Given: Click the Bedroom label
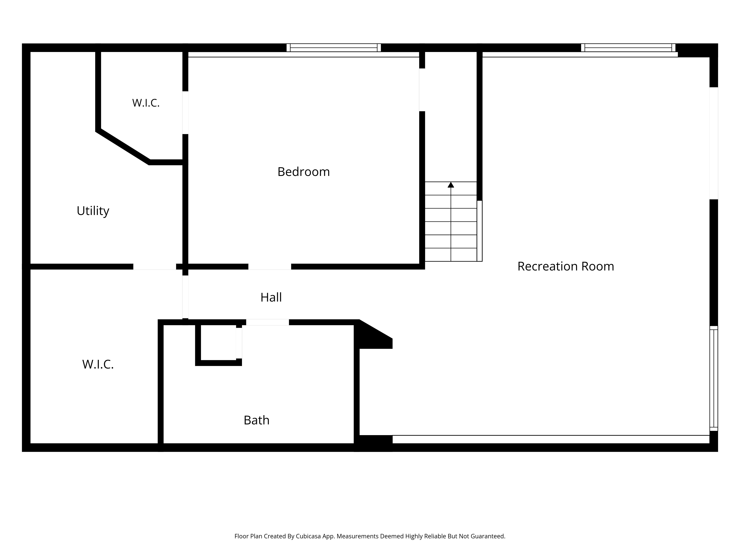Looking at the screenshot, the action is coord(303,172).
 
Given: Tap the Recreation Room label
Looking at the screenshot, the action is coord(566,266).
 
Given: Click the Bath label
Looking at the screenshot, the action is coord(257,420).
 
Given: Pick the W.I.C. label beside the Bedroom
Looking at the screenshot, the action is coord(146,103).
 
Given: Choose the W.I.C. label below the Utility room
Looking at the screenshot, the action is coord(98,364).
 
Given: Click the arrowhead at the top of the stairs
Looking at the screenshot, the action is coord(451,185).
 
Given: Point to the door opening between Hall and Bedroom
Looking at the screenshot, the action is coord(270,267).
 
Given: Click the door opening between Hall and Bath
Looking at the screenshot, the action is coord(268,322).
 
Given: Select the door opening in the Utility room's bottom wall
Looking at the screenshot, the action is coord(154,267).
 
